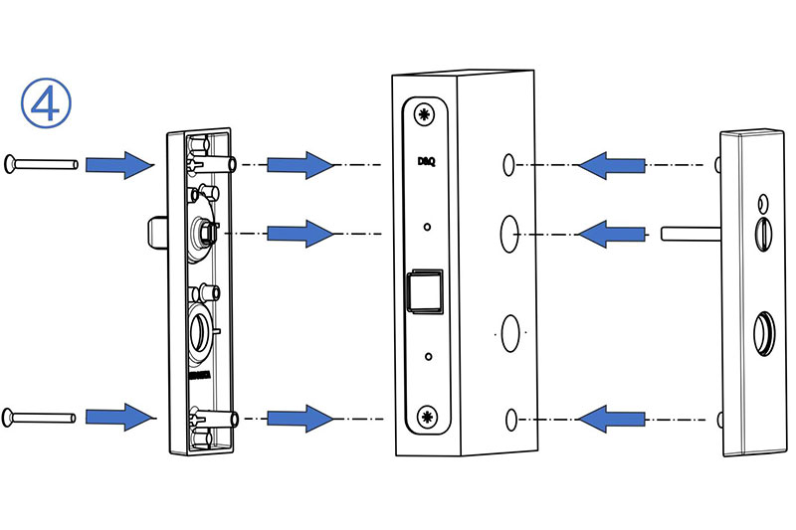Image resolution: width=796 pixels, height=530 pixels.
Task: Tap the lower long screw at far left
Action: tap(41, 416)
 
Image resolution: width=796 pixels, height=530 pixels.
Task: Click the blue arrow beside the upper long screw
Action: tap(117, 164)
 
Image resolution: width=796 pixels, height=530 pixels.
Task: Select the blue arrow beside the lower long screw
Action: tap(117, 415)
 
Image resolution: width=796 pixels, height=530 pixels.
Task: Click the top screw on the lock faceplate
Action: tap(426, 115)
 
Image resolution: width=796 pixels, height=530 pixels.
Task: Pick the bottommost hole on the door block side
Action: tap(511, 418)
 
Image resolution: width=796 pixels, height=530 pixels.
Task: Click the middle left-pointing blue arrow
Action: tap(609, 235)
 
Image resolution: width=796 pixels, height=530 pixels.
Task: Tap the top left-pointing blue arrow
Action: tap(609, 164)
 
